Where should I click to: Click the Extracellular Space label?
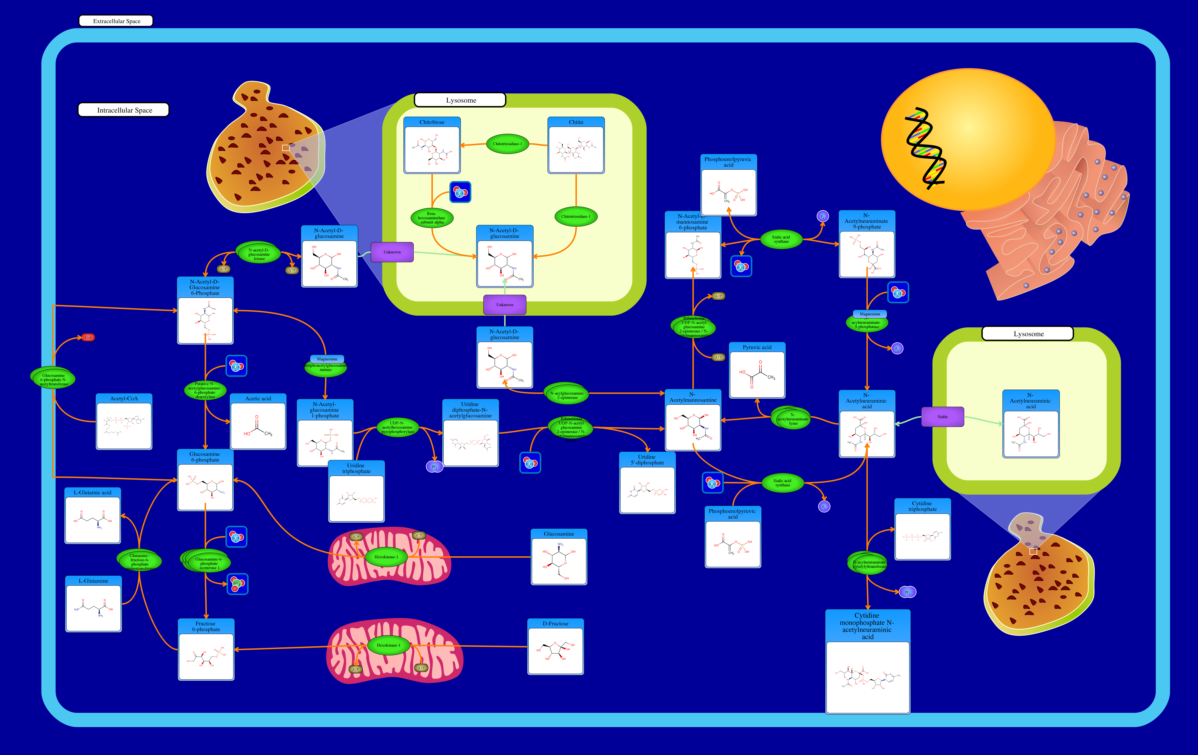coord(116,21)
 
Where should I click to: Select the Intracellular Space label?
coord(124,110)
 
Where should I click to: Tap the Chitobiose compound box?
coord(432,146)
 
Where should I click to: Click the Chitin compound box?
coord(576,146)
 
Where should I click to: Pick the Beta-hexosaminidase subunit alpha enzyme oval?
coord(432,218)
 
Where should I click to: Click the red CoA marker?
coord(88,337)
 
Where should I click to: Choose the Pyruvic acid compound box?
coord(757,370)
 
